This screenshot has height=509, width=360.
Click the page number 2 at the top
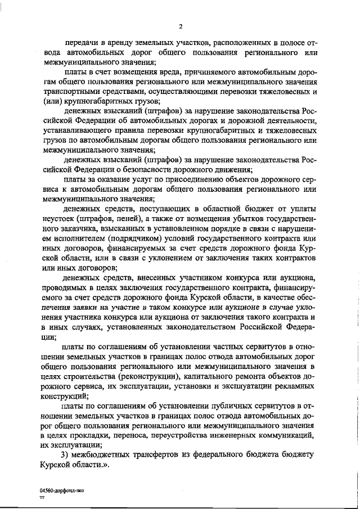pyautogui.click(x=181, y=26)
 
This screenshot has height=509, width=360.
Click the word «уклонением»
pyautogui.click(x=179, y=258)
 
